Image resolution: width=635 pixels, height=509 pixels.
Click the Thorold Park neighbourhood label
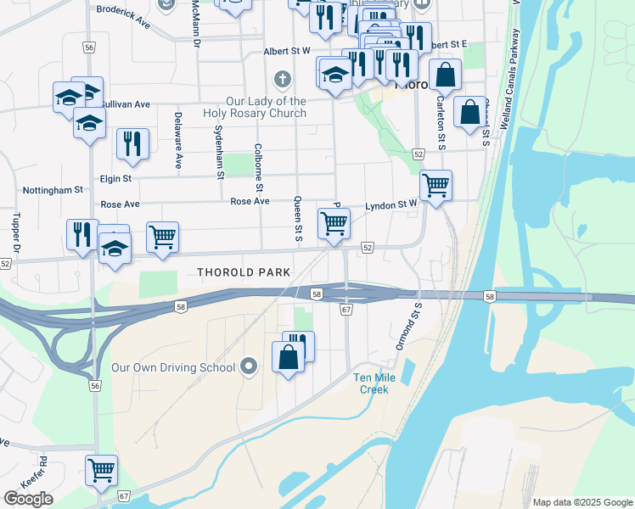[244, 272]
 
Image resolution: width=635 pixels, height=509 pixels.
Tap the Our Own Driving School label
[173, 367]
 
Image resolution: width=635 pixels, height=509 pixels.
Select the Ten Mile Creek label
[371, 383]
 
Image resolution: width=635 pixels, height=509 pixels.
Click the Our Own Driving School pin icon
[249, 366]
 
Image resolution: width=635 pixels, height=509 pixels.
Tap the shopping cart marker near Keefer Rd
[101, 468]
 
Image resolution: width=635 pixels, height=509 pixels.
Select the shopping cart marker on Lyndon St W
[436, 183]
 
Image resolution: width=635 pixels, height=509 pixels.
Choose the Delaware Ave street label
[178, 139]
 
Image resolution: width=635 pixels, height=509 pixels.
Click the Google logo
[28, 498]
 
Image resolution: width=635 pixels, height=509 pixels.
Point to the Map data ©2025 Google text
[582, 502]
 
